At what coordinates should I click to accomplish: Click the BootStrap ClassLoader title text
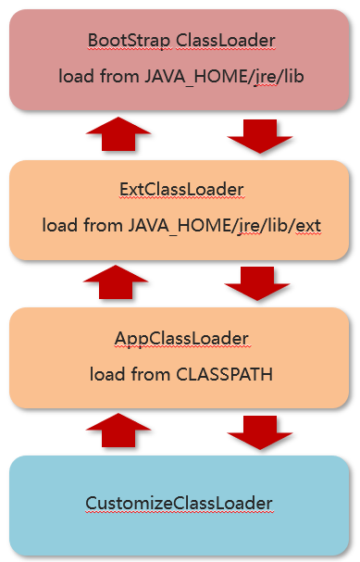click(181, 41)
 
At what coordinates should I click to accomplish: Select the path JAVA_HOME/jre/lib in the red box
click(225, 77)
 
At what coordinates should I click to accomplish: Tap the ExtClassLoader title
click(181, 190)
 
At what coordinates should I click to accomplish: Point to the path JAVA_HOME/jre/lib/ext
click(225, 226)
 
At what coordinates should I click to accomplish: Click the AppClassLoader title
click(181, 339)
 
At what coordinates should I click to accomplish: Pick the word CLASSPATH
click(225, 375)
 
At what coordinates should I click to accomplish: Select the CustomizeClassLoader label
click(180, 504)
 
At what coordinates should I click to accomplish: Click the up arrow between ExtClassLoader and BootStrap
click(118, 133)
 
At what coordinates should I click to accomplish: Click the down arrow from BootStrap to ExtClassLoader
click(260, 136)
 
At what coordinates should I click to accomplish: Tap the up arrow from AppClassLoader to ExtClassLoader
click(116, 282)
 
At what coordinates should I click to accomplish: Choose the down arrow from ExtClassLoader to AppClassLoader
click(257, 283)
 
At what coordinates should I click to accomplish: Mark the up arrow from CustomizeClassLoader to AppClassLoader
click(118, 431)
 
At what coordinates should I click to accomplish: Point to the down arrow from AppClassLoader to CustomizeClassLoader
click(260, 432)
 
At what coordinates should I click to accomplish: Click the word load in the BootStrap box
click(76, 76)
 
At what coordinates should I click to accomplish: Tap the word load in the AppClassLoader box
click(107, 375)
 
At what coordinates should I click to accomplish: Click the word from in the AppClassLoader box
click(151, 375)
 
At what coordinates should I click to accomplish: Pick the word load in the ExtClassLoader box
click(60, 225)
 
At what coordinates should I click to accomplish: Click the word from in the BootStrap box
click(119, 76)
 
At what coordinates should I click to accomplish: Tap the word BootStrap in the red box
click(129, 41)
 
